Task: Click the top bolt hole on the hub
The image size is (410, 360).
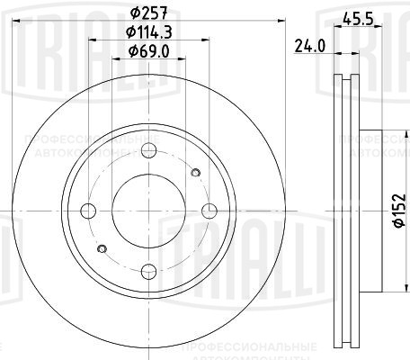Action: point(149,150)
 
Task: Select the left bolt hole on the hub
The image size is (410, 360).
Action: point(89,211)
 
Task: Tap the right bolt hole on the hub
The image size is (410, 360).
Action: point(209,211)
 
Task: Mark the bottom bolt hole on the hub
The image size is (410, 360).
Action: point(149,271)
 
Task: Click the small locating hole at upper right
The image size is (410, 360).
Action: point(195,172)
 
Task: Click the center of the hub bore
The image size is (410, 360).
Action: point(149,211)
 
